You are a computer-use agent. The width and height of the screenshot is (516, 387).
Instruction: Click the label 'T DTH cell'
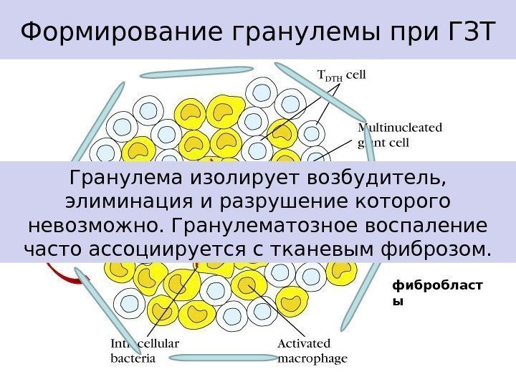341,74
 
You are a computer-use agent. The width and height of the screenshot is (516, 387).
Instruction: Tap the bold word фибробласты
437,292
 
